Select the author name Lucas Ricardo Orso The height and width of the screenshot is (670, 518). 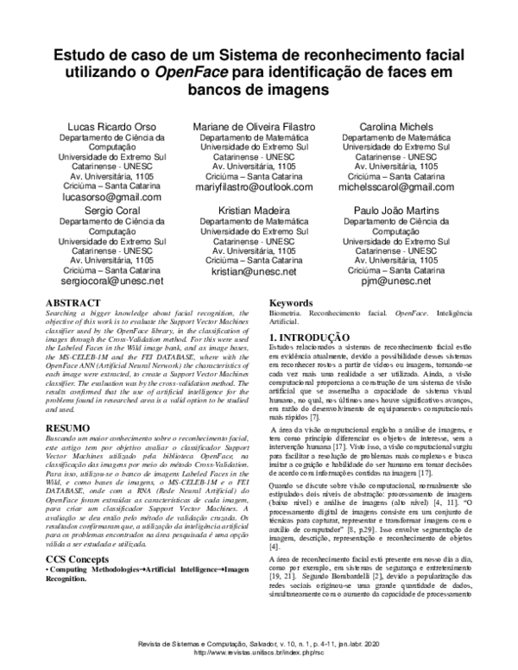coord(111,127)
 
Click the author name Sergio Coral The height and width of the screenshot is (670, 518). coord(111,210)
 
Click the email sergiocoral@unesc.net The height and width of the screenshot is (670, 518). coord(111,281)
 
